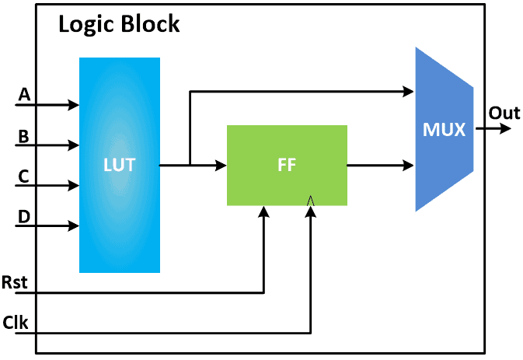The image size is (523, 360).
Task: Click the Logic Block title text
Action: (119, 24)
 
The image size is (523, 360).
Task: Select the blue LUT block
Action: (120, 165)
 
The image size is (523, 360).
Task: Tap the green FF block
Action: (287, 165)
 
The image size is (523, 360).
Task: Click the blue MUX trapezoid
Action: (444, 129)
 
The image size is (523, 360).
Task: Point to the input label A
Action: (24, 95)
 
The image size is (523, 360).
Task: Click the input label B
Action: (24, 136)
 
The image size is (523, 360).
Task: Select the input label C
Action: (24, 177)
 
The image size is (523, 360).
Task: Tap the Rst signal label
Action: (15, 281)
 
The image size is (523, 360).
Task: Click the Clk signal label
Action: (15, 322)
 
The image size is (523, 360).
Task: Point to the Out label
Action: (504, 114)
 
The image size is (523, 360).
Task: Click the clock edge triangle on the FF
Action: (311, 201)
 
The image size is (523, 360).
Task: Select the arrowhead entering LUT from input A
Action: (75, 104)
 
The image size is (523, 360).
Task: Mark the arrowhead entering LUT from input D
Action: (75, 226)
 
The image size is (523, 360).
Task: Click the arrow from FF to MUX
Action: (381, 165)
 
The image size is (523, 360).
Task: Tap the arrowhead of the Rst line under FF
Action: (265, 211)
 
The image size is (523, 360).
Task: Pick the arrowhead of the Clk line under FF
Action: (311, 211)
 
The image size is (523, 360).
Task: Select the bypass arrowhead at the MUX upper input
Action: (410, 92)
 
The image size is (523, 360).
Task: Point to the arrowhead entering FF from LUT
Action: (221, 165)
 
